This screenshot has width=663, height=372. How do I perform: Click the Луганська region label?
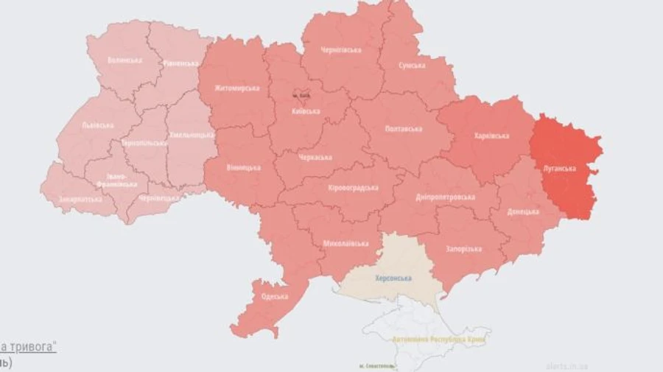[x=559, y=168]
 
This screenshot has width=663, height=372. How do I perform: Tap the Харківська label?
[x=491, y=136]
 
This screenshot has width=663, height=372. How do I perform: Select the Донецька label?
[x=523, y=211]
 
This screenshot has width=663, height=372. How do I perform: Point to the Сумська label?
[x=411, y=66]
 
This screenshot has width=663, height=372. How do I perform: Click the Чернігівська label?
[x=341, y=50]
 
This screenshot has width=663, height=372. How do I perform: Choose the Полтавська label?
[x=404, y=129]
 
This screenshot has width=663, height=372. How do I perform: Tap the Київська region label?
[x=305, y=111]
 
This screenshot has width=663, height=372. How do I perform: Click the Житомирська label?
[x=237, y=88]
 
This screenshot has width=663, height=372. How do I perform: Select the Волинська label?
[x=124, y=60]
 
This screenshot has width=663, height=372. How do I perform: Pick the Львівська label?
[x=97, y=125]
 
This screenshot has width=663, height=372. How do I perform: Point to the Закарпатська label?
[x=80, y=199]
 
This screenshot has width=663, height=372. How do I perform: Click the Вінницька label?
[x=243, y=168]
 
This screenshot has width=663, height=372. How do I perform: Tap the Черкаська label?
[x=315, y=158]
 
